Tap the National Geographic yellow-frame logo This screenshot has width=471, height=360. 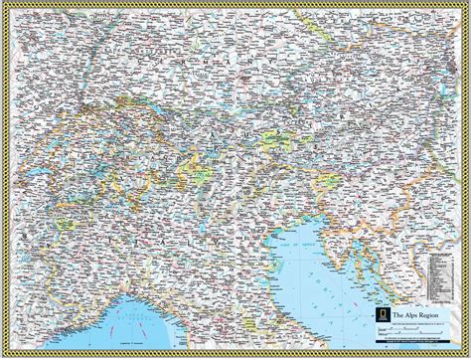pyautogui.click(x=378, y=317)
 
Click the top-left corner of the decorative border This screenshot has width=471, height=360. pyautogui.click(x=4, y=4)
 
